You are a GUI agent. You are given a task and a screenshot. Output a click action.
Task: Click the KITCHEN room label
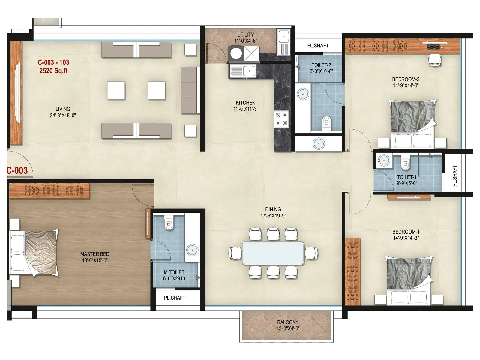245,103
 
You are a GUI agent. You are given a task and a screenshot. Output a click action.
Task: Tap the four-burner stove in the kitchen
281,119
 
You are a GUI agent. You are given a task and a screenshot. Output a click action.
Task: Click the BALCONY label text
288,322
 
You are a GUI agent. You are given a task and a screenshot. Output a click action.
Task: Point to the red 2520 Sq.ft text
53,71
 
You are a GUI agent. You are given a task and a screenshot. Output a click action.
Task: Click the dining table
273,253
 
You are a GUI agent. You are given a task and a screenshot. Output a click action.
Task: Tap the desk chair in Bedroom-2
435,60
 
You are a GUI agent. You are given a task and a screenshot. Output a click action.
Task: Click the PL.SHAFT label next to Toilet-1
454,176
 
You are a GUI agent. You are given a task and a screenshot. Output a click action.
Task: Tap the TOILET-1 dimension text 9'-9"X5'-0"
407,183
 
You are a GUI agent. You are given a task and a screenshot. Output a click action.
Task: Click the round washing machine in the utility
236,54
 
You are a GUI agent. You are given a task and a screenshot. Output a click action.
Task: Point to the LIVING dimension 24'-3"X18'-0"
63,115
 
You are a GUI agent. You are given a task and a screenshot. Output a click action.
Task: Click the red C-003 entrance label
17,170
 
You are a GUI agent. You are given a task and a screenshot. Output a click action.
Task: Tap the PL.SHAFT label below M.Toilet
175,298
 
